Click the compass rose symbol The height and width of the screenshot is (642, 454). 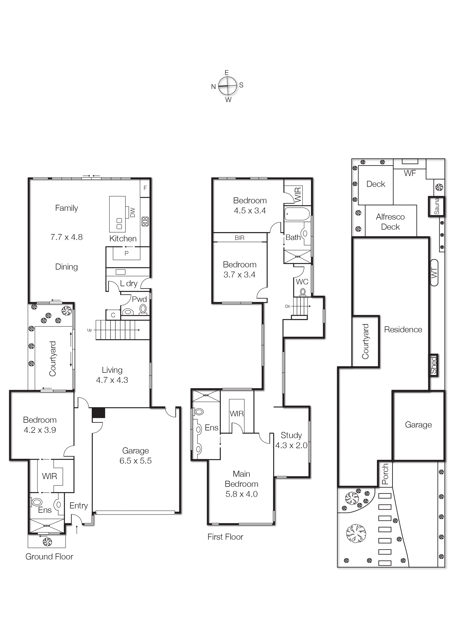tap(227, 86)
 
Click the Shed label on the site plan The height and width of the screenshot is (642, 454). tap(433, 365)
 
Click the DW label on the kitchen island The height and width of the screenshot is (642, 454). tap(133, 212)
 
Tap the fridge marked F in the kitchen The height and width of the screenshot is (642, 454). tap(145, 188)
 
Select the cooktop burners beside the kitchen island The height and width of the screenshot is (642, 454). tap(145, 221)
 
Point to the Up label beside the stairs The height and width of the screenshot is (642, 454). tap(90, 330)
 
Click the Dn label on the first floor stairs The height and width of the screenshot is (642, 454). tap(288, 306)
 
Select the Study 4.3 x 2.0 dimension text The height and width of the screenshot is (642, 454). tap(291, 445)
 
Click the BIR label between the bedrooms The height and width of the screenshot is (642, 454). tap(239, 238)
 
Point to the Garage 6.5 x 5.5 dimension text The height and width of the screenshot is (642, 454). tap(135, 460)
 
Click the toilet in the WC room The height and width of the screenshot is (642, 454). tap(303, 292)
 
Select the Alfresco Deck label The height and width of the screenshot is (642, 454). tap(390, 222)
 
